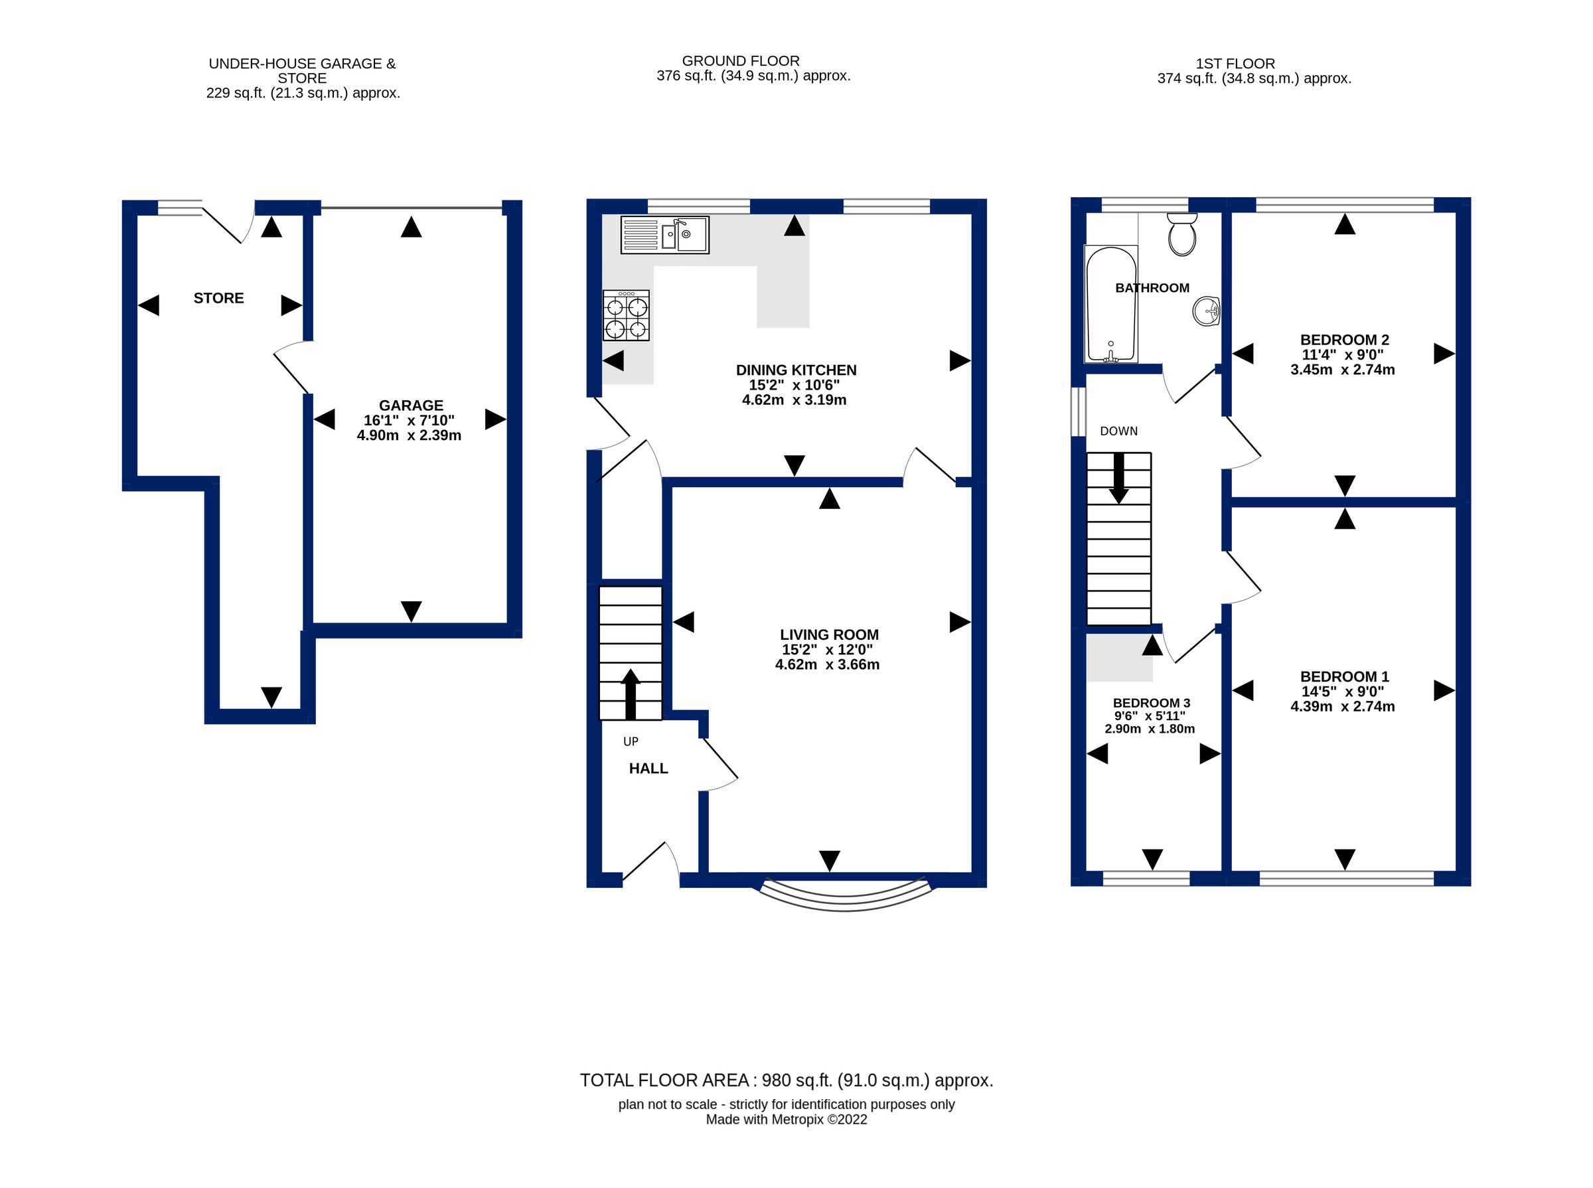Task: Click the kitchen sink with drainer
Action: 664,234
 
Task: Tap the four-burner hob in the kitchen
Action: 626,316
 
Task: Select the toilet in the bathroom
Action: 1181,234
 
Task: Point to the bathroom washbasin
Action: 1206,311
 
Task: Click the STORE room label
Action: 218,298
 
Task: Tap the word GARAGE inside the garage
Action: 411,405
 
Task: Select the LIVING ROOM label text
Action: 828,634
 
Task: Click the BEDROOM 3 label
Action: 1151,703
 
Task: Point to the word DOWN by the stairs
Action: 1118,431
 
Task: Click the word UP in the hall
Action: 630,741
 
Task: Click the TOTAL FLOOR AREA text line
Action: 786,1080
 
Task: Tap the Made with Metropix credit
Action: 786,1120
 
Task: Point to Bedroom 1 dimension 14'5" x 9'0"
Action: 1342,691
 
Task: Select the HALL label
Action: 648,768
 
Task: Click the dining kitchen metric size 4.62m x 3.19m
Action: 794,400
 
